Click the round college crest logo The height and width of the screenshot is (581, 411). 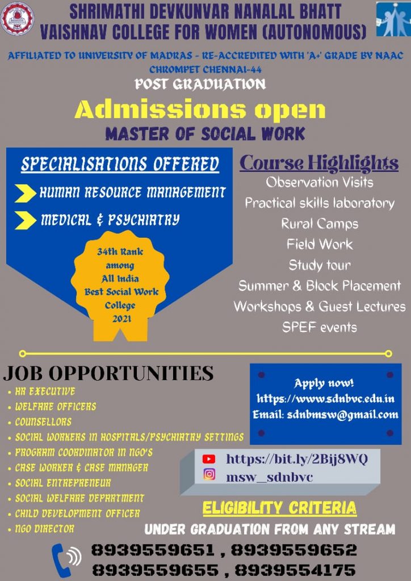17,19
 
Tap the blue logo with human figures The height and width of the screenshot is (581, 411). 393,19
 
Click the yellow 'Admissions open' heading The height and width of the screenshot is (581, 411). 200,110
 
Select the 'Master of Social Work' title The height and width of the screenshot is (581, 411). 205,134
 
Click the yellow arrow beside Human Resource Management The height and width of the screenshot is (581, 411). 26,193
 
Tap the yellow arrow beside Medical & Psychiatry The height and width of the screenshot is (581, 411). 26,220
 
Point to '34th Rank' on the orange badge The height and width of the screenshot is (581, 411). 120,252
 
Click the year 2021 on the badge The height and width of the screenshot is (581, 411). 121,319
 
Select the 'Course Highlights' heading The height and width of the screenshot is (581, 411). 319,163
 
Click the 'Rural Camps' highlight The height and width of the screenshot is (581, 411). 320,224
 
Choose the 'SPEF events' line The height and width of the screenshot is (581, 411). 320,327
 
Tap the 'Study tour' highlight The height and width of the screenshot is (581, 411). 320,265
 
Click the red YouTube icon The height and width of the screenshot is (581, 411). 209,460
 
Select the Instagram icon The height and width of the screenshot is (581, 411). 209,475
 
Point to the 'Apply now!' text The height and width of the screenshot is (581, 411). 324,383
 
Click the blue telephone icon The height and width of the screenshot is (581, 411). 66,559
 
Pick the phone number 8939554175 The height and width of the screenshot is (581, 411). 295,570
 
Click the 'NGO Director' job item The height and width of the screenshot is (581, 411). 44,529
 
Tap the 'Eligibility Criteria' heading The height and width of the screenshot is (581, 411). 279,508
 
